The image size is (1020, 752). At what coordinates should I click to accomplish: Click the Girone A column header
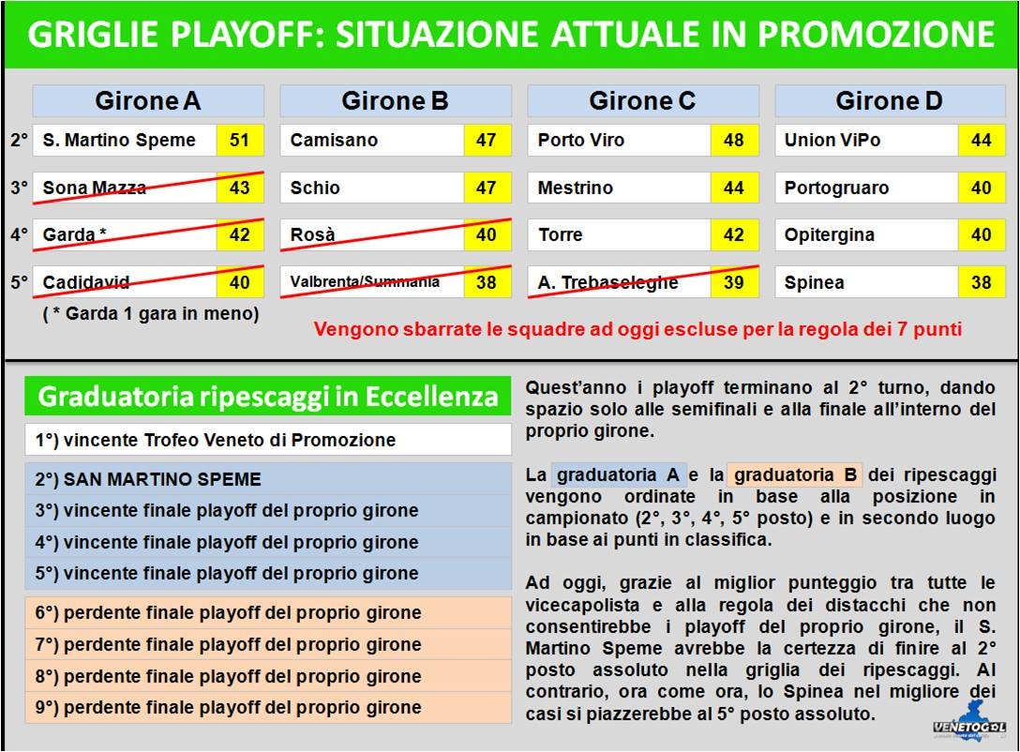pos(148,101)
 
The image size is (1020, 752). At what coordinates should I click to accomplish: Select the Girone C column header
pos(643,101)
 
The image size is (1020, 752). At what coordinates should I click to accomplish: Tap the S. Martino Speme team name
pos(119,140)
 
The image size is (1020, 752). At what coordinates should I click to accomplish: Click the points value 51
pos(240,140)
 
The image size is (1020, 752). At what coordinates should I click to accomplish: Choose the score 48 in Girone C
pos(734,140)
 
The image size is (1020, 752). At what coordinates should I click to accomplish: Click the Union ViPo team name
pos(832,140)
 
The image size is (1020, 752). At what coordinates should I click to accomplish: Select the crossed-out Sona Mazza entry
pos(148,188)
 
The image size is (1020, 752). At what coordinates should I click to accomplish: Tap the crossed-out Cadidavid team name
pos(86,282)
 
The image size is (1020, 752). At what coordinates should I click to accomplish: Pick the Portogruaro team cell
pos(866,188)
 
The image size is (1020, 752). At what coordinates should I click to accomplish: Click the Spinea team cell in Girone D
pos(866,282)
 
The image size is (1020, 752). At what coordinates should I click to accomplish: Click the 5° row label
pos(20,282)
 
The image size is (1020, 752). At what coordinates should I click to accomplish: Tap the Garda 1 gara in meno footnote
pos(151,313)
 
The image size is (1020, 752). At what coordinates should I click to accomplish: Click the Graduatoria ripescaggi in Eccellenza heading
pos(268,396)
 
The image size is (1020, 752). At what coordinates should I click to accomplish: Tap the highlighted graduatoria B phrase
pos(795,474)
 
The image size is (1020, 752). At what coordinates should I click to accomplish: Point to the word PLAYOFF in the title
pos(247,35)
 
